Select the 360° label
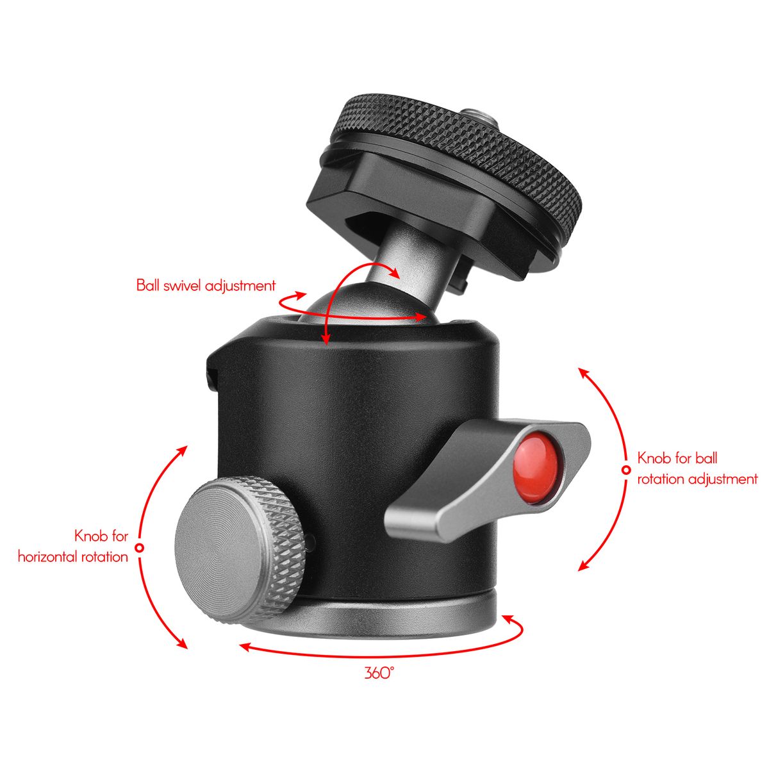pos(379,673)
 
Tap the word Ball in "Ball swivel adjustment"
pos(148,286)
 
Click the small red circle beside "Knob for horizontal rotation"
pos(140,547)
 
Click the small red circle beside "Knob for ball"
pos(627,470)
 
